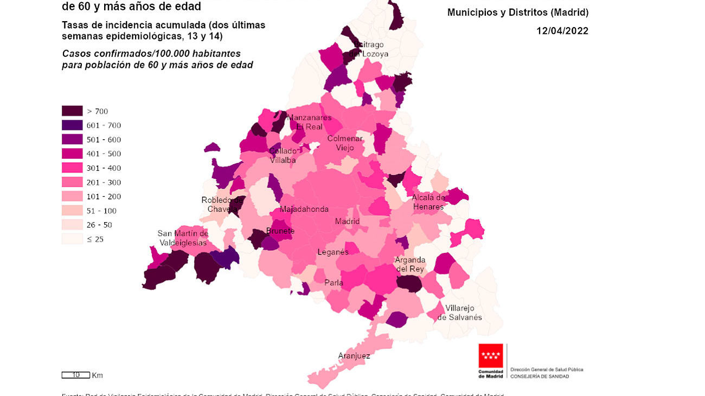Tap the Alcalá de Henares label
[x=428, y=202]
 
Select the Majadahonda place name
[x=304, y=210]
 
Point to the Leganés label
[x=333, y=252]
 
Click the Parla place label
[x=334, y=282]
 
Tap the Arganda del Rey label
[x=410, y=264]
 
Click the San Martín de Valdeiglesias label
[x=183, y=238]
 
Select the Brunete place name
[x=280, y=231]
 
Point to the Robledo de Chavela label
[x=222, y=205]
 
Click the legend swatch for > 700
[x=72, y=111]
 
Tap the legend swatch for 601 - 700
[x=72, y=125]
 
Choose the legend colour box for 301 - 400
[x=72, y=168]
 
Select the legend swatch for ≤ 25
[x=72, y=239]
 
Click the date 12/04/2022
[x=562, y=31]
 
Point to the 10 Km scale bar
[x=75, y=375]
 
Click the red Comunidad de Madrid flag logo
[x=490, y=356]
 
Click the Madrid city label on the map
[x=347, y=221]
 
